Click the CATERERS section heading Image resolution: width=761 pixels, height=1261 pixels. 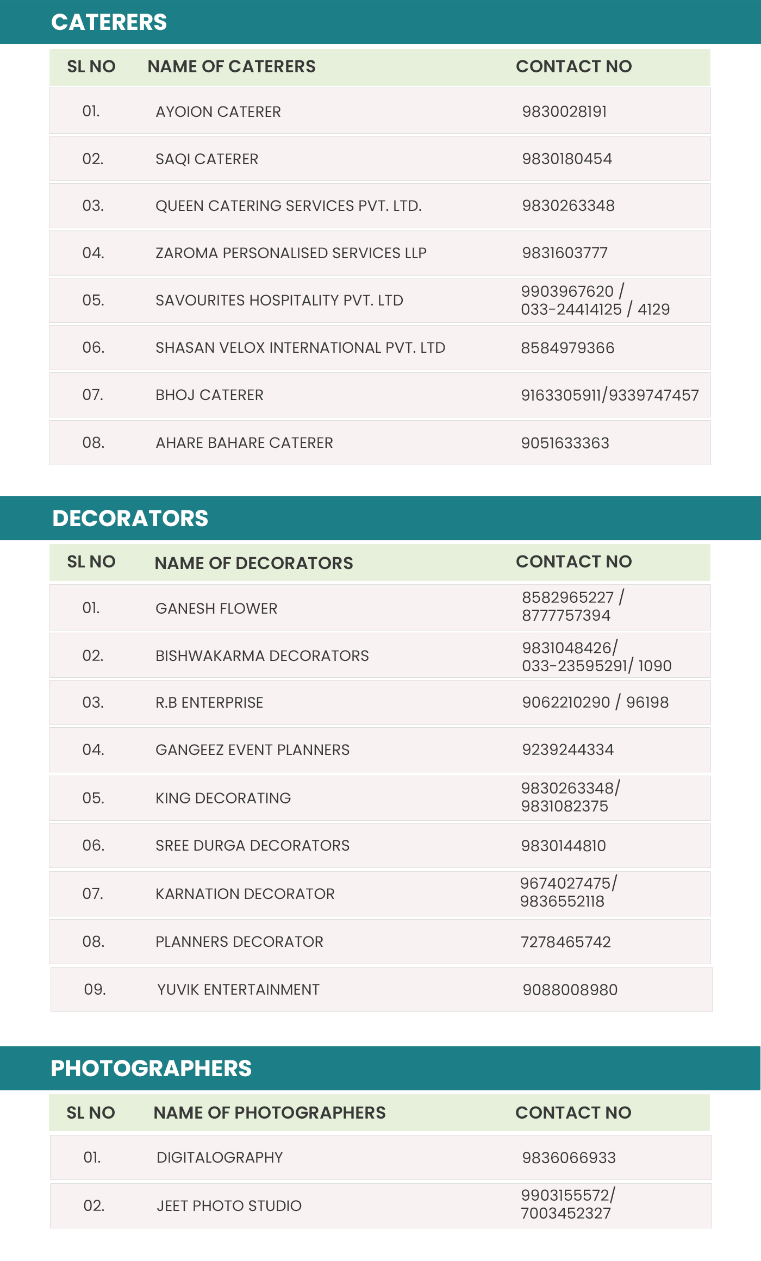coord(109,22)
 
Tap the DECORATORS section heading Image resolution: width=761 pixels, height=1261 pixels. coord(130,518)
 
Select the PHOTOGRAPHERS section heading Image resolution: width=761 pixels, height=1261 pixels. coord(151,1068)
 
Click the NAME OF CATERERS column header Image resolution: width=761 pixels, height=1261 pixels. coord(232,66)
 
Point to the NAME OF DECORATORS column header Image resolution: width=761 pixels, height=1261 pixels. coord(254,563)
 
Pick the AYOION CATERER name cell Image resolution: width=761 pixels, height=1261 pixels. coord(218,111)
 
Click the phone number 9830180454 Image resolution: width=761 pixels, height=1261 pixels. coord(567,159)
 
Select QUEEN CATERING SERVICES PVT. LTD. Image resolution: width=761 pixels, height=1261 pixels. coord(288,205)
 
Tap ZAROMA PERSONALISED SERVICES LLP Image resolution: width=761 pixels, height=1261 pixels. coord(291,253)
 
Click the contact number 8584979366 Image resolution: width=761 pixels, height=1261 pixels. coord(567,348)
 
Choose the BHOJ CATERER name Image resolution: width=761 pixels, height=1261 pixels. coord(209,395)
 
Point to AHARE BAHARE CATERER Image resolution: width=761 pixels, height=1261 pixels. coord(244,442)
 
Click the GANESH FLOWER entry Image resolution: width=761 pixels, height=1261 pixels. coord(216,608)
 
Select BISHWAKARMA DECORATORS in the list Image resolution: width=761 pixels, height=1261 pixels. coord(262,656)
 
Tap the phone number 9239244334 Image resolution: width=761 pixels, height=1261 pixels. coord(567,750)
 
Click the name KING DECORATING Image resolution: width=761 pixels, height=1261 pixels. coord(223,798)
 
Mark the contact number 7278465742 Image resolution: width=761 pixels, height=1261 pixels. coord(566,942)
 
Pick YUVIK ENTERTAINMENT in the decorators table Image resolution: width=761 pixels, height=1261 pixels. coord(238,989)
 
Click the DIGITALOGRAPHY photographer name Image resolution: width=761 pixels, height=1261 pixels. coord(220,1157)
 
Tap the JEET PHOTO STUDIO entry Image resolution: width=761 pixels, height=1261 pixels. coord(229,1206)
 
